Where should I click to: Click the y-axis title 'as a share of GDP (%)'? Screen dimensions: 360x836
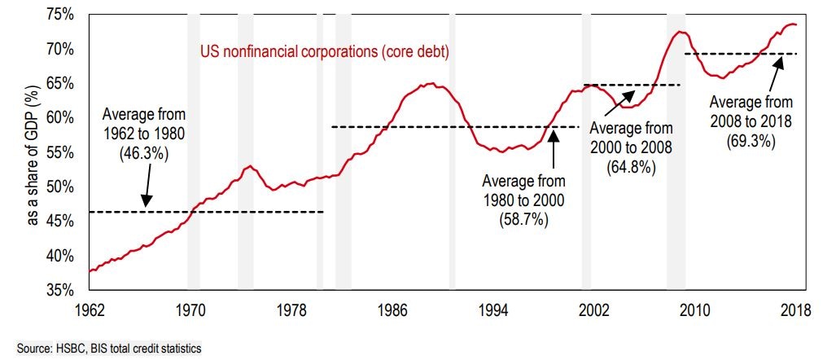pos(34,155)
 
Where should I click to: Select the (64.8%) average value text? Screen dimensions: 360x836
pos(631,167)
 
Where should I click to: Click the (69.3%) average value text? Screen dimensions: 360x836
pos(751,139)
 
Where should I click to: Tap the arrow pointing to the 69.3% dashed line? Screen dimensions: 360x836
pos(773,74)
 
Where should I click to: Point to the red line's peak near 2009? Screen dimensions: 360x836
pos(681,33)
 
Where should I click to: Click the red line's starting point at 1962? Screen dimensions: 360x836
pos(90,271)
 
